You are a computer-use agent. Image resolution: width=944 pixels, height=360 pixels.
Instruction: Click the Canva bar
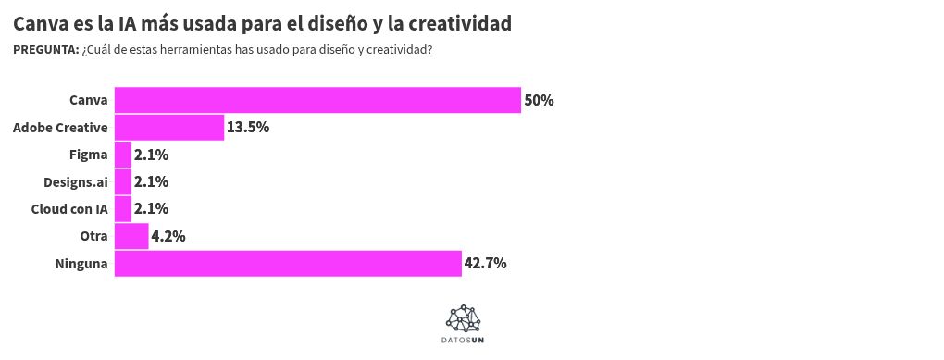pos(317,100)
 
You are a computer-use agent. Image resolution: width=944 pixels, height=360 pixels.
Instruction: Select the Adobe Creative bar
pos(169,127)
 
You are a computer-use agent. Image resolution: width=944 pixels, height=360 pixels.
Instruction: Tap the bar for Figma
pos(123,155)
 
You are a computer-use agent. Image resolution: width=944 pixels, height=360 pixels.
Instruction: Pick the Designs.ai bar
pos(123,181)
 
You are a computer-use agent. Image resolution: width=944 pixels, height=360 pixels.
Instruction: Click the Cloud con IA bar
pos(123,209)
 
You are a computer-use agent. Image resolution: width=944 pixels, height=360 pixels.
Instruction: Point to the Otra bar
pos(131,236)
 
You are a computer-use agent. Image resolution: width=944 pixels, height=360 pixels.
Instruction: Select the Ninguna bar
pos(288,264)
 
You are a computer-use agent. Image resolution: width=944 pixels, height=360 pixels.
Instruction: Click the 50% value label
pos(539,100)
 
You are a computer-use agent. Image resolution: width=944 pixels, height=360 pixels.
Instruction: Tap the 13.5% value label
pos(248,127)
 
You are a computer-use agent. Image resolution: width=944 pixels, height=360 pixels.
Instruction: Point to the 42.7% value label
pos(485,264)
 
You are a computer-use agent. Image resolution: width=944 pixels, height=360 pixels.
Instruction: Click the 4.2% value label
pos(168,236)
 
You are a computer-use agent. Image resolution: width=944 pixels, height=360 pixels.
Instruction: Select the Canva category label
pos(89,100)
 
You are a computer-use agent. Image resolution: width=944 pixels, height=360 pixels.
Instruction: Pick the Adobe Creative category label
pos(61,127)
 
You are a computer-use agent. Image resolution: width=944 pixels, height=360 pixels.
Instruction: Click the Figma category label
pos(89,155)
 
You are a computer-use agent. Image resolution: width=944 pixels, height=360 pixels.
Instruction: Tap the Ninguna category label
pos(82,264)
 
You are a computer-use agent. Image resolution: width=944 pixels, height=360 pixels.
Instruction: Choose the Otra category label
pos(94,236)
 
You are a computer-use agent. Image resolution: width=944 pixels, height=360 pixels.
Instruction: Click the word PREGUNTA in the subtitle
pos(45,50)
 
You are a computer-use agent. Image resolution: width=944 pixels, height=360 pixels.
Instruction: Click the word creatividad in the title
pos(476,22)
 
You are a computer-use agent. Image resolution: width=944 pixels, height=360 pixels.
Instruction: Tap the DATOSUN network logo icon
pos(463,318)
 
